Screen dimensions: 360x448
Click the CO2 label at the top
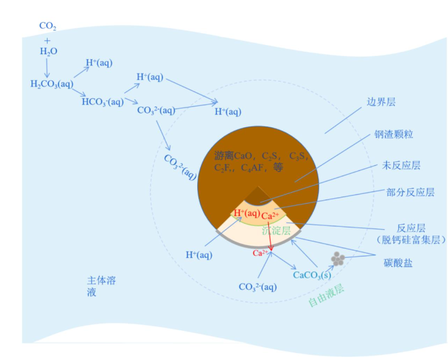pos(47,26)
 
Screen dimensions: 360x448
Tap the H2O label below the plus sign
pos(48,51)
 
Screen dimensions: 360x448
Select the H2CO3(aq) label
pos(52,84)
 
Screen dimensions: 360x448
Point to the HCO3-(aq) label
pos(102,102)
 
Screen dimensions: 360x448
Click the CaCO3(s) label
pos(312,275)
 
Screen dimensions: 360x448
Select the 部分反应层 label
pos(410,192)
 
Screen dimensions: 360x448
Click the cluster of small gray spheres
pos(337,259)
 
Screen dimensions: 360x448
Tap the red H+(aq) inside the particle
pos(246,213)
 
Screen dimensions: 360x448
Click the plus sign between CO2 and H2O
pos(47,39)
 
